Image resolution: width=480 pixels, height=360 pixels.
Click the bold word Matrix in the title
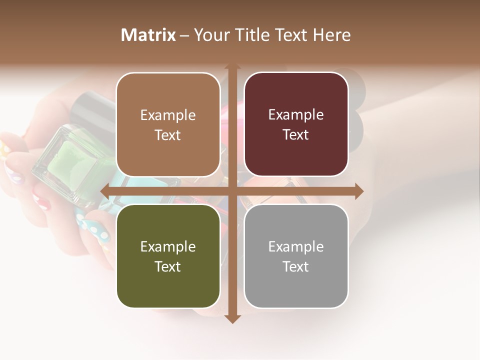point(148,35)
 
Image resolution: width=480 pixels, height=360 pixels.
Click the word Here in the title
point(332,35)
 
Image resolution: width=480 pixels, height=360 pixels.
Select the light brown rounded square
point(168,124)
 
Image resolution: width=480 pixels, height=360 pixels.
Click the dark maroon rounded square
point(296,124)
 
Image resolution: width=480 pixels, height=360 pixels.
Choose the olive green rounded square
point(168,256)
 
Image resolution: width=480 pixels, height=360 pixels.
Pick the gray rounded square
point(296,256)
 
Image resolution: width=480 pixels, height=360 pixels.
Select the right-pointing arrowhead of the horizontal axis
point(359,191)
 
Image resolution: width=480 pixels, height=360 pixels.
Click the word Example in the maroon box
point(296,115)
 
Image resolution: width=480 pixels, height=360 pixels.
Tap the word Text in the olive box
point(168,266)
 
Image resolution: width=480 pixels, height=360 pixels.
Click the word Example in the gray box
point(296,246)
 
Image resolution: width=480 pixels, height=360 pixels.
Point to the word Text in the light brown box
point(168,135)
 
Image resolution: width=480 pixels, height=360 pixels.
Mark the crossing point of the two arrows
point(232,191)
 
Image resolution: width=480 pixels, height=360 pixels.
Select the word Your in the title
point(210,35)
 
